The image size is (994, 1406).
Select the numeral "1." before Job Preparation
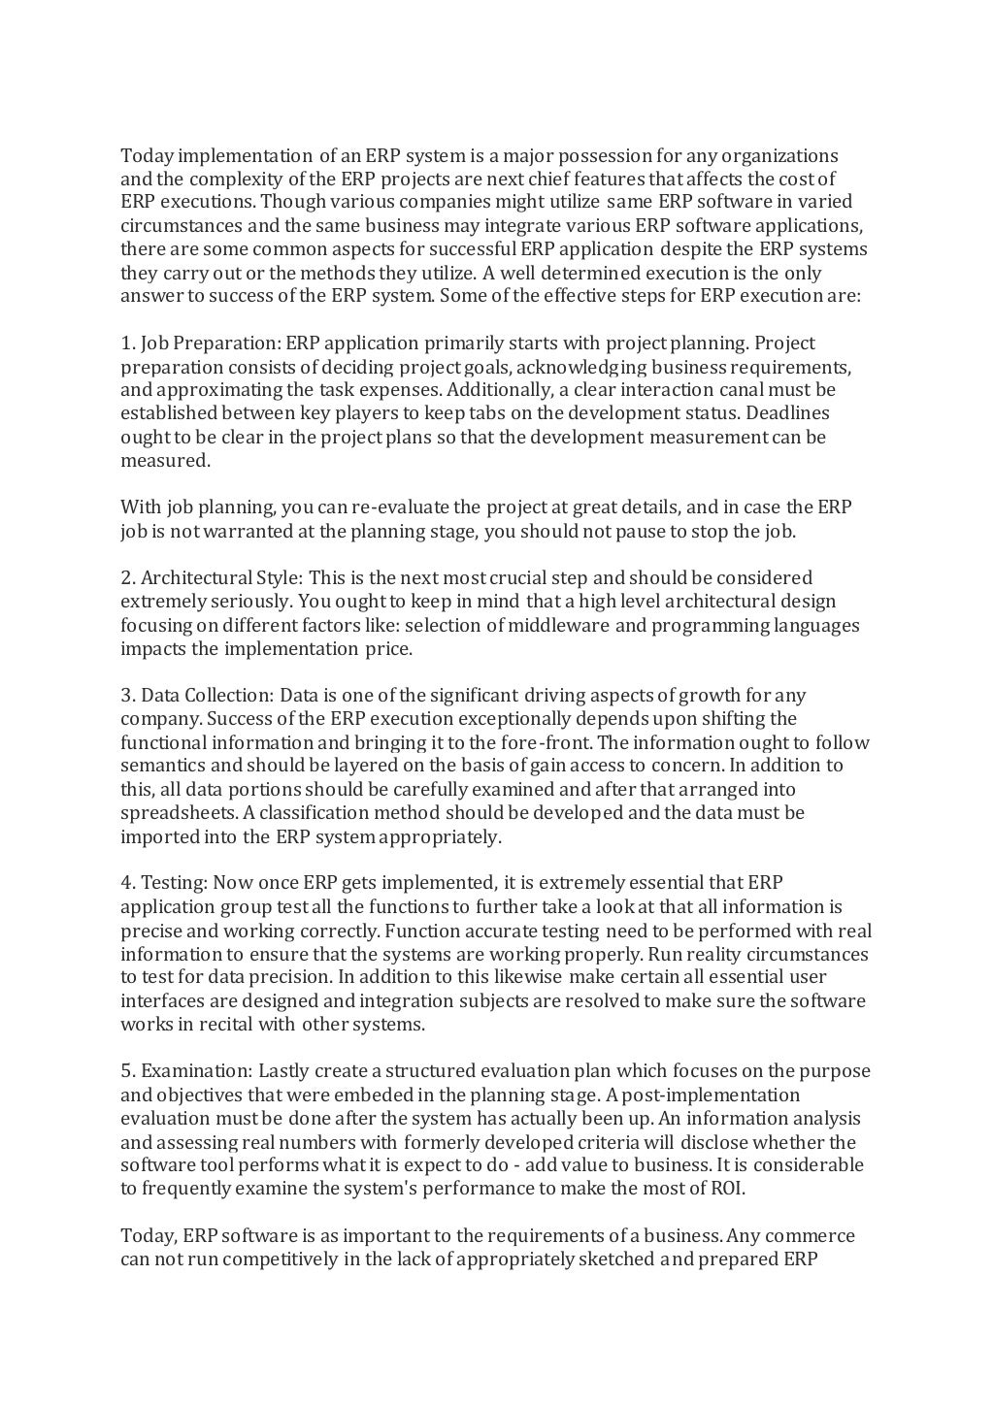[x=128, y=343]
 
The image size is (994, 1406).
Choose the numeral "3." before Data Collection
[x=128, y=696]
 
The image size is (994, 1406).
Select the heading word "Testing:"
[x=174, y=883]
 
